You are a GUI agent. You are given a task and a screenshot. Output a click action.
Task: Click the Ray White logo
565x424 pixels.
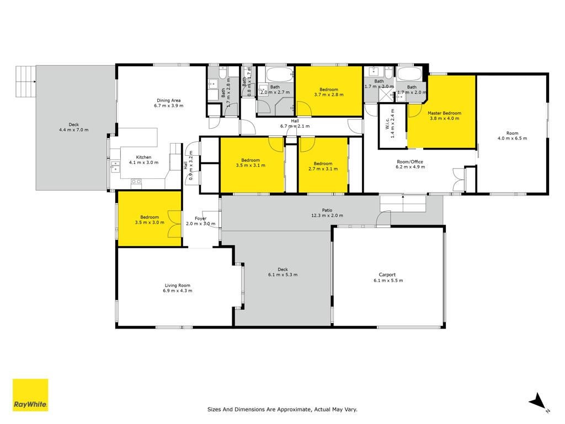30,395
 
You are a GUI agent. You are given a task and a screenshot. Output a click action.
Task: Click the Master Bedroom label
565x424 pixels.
444,113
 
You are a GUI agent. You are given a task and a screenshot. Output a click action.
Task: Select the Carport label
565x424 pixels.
387,274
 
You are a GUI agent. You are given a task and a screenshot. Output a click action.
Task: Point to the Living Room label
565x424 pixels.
177,285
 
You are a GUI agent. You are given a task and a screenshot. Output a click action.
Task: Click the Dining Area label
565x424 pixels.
169,100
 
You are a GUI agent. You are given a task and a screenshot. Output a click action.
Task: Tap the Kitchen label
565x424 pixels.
143,157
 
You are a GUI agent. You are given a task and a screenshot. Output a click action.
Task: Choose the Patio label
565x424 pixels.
327,210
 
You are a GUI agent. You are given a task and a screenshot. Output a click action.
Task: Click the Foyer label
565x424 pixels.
200,219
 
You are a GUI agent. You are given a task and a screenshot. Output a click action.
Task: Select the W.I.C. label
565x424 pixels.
387,123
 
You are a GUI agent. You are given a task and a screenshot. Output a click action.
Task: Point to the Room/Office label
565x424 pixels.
410,162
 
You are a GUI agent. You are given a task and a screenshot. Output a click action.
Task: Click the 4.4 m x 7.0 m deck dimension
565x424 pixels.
74,130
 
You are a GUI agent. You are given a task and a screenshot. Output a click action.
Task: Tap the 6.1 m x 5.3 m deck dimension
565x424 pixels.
283,275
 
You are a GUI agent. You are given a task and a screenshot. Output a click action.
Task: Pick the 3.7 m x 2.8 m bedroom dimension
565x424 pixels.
329,95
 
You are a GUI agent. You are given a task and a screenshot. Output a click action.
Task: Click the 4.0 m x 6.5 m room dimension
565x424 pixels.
512,139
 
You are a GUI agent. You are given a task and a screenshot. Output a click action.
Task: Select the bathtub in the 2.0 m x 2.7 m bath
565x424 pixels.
280,75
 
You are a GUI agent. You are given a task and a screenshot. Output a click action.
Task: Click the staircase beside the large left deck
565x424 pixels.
25,81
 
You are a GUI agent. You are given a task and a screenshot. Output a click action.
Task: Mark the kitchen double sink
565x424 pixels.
115,167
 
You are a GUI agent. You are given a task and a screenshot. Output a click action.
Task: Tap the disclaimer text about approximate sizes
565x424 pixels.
282,409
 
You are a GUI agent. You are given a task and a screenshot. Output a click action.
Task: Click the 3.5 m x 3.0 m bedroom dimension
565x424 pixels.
150,222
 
